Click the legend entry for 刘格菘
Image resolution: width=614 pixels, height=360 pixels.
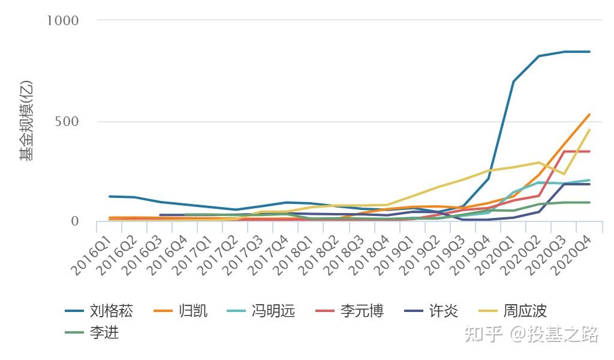tap(100, 311)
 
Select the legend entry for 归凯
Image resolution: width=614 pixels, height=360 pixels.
tap(180, 311)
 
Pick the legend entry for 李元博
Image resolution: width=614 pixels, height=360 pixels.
tap(350, 311)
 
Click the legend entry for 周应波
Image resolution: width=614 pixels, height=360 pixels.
tap(513, 311)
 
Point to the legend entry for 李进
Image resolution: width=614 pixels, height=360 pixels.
tap(92, 332)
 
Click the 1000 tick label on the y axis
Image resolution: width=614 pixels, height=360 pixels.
tap(63, 20)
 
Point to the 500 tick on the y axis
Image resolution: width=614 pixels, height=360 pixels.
tap(67, 121)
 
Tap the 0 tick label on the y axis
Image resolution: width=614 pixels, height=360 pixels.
tap(75, 221)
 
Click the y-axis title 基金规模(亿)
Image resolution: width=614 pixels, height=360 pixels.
tap(26, 121)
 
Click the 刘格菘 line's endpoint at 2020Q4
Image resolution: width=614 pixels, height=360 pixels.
tap(589, 52)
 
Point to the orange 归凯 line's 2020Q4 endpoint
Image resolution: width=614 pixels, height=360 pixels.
tap(589, 115)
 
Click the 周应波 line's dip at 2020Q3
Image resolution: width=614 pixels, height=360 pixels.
tap(564, 174)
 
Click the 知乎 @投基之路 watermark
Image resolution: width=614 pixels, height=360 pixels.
tap(532, 334)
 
